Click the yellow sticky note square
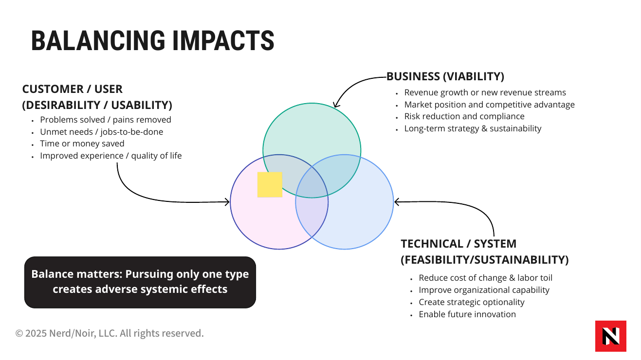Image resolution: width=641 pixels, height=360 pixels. [x=270, y=184]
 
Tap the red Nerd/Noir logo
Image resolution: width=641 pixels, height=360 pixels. [x=611, y=336]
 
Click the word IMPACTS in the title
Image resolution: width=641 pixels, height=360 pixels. [x=223, y=40]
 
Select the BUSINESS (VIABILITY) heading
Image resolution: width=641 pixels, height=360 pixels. [x=445, y=76]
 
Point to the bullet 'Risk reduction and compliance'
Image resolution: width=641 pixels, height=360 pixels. [x=464, y=116]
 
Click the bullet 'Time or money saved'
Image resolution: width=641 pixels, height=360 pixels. [x=82, y=144]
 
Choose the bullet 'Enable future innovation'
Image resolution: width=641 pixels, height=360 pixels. [x=467, y=314]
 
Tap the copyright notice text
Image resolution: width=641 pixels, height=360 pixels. [x=110, y=333]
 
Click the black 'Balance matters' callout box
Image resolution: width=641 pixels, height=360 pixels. [x=140, y=282]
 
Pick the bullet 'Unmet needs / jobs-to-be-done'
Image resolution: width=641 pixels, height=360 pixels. [x=102, y=132]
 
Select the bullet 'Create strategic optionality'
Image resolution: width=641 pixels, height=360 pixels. [x=472, y=302]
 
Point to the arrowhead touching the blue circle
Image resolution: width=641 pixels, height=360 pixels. [x=396, y=202]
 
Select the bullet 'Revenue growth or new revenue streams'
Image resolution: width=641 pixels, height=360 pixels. [x=485, y=92]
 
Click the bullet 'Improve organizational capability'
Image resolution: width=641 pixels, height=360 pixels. [x=484, y=290]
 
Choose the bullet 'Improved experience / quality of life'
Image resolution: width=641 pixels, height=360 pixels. [x=111, y=156]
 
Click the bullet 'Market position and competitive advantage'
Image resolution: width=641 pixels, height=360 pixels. [x=489, y=105]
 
